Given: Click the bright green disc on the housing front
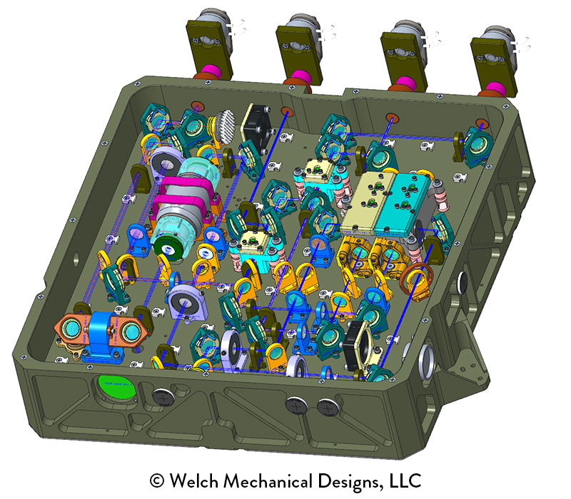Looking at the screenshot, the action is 117,387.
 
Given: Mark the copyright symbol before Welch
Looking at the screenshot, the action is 157,480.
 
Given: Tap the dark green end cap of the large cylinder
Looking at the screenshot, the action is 168,248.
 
